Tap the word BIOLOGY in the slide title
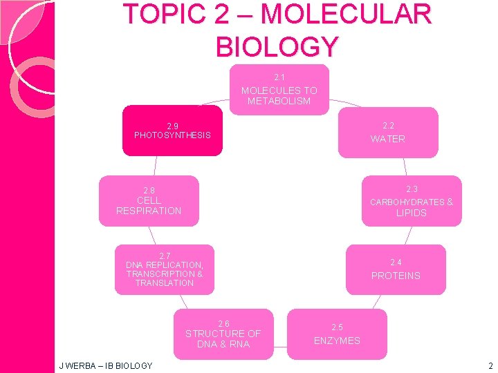coord(277,46)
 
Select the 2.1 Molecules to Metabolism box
coord(279,90)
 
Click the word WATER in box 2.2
coord(388,139)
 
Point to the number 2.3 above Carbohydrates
coord(412,189)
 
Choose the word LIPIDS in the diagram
coord(412,213)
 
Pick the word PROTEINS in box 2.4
coord(396,276)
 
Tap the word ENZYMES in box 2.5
coord(337,341)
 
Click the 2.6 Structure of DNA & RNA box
coord(223,334)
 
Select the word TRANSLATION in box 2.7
coord(165,283)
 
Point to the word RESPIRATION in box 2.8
coord(149,211)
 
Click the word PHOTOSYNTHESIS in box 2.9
coord(172,135)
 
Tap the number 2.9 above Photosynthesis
coord(172,126)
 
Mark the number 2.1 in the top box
coord(279,77)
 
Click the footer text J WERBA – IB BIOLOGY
coord(107,365)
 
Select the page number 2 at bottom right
coord(490,365)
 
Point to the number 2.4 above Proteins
coord(396,262)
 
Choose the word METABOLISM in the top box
coord(279,102)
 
